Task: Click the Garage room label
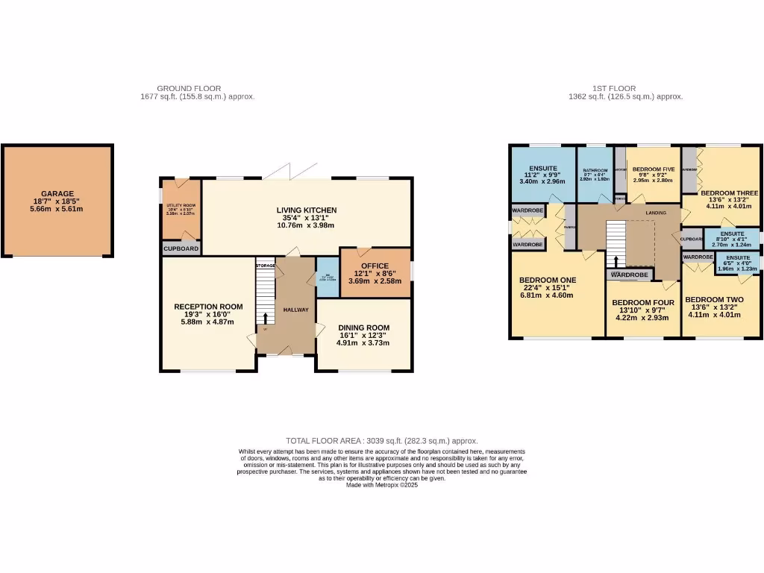(57, 194)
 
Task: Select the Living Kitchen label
(307, 210)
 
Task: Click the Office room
(375, 266)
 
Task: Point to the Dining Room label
(363, 328)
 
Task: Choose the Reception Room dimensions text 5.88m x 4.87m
(209, 322)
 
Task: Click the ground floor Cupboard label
(181, 248)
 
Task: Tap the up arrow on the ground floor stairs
(266, 319)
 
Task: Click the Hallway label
(295, 310)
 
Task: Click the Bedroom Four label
(642, 303)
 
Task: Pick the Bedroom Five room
(654, 170)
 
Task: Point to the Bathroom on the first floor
(595, 171)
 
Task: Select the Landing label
(646, 213)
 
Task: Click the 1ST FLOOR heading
(625, 88)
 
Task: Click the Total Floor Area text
(381, 441)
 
